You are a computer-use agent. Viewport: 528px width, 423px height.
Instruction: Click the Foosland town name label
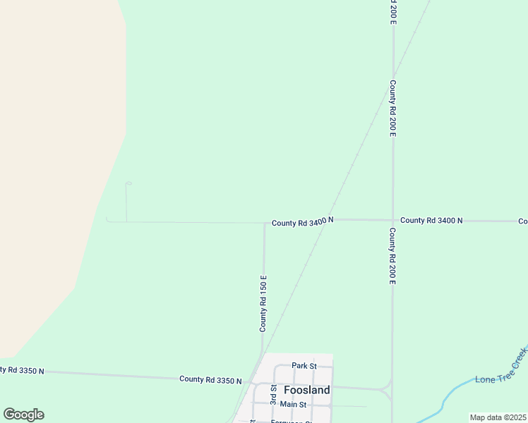pos(306,390)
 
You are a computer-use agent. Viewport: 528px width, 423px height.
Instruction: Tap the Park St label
pos(304,366)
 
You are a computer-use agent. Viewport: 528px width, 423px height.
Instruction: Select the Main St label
pos(293,404)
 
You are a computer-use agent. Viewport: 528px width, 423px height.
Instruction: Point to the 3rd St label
pos(273,394)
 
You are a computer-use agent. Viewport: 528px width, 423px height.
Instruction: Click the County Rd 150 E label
pos(263,303)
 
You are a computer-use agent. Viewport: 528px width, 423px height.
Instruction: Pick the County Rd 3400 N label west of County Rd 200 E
pos(302,222)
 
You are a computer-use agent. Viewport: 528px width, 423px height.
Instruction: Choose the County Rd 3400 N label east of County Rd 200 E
pos(431,221)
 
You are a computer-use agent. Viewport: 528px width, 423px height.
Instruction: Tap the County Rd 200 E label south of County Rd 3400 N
pos(392,255)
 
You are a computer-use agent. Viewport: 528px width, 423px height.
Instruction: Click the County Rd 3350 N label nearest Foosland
pos(210,379)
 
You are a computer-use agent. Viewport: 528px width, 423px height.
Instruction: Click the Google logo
pos(23,415)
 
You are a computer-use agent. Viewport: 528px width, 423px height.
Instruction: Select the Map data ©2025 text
pos(498,417)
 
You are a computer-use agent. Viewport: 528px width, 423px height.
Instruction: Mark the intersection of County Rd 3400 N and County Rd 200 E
pos(392,220)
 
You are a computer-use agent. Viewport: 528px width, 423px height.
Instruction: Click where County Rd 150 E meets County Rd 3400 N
pos(264,223)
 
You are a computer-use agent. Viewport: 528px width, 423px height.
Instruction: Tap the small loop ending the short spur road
pos(128,184)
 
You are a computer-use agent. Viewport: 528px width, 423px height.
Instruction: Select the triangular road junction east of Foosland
pos(386,390)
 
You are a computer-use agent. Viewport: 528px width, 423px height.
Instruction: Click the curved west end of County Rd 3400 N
pos(107,220)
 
